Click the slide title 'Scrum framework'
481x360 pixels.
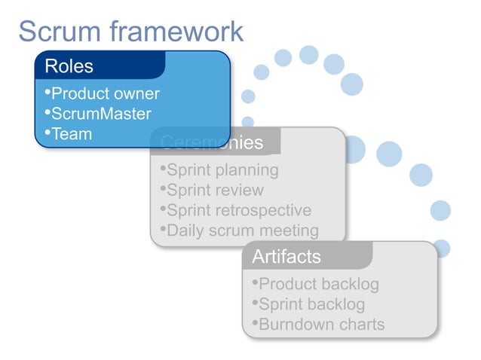130,32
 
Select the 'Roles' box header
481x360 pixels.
69,66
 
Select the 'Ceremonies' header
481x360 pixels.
212,143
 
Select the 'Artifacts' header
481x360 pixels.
286,257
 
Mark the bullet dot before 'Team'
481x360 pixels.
47,133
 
